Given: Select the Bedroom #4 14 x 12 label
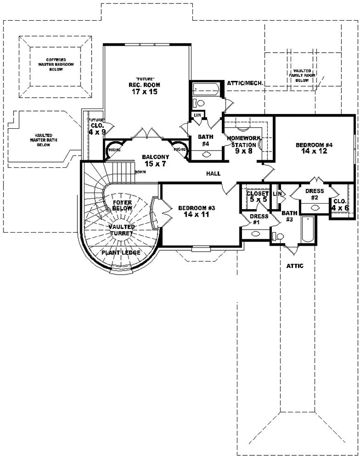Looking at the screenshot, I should point(313,148).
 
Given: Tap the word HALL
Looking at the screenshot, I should point(213,174).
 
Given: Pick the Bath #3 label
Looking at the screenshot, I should point(288,216).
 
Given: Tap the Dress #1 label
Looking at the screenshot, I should point(256,219).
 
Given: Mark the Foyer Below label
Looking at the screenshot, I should point(122,206).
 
